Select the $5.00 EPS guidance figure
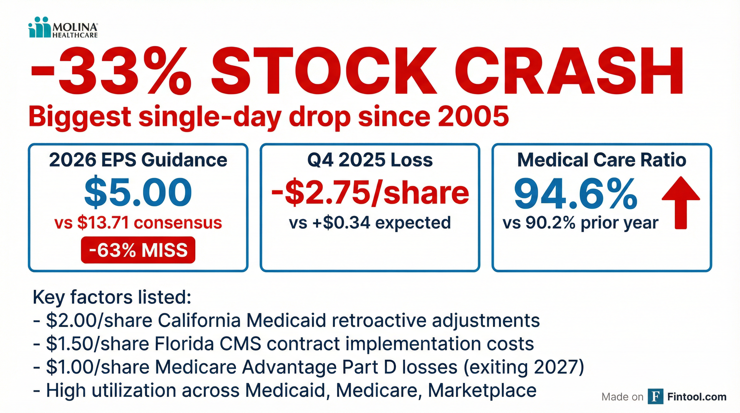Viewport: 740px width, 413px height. click(x=138, y=192)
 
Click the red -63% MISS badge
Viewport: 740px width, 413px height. click(x=138, y=250)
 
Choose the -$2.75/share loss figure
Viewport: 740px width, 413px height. click(x=370, y=192)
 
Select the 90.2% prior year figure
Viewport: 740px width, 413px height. click(x=550, y=223)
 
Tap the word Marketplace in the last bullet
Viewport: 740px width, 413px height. click(x=482, y=391)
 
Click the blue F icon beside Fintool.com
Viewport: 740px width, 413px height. click(x=656, y=396)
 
